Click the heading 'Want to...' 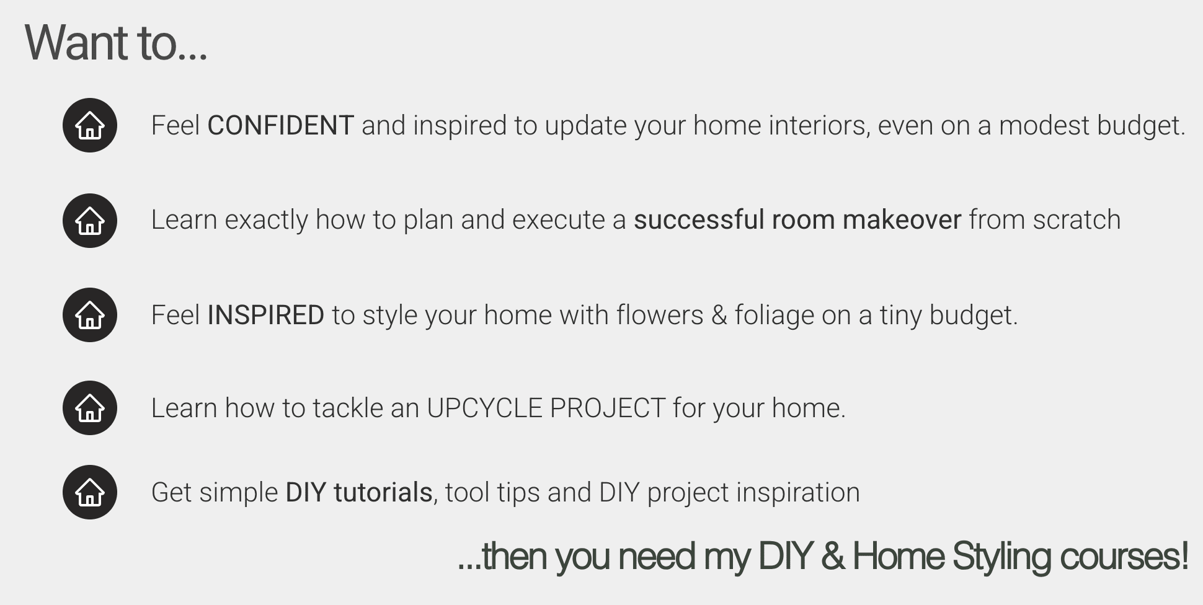coord(116,43)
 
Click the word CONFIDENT coord(280,126)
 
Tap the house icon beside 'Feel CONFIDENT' coord(90,125)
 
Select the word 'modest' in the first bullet coord(1044,126)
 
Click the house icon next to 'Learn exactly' coord(90,221)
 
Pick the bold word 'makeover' coord(902,220)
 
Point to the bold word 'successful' coord(698,220)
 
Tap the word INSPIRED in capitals coord(265,316)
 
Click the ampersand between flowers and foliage coord(719,316)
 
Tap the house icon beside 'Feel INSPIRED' coord(90,315)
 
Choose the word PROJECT coord(607,408)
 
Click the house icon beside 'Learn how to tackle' coord(90,408)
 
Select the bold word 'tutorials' coord(383,493)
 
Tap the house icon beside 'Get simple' coord(90,492)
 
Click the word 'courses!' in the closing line coord(1124,556)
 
